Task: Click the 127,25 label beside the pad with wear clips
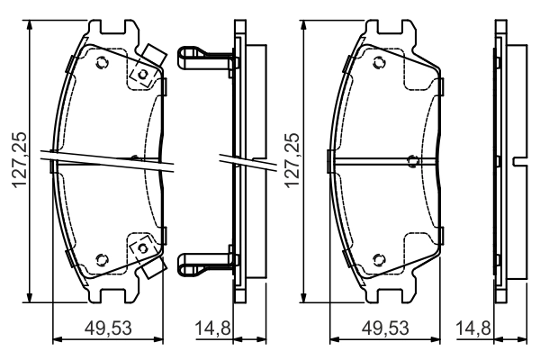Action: pos(20,160)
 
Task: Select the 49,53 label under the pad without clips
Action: pos(385,328)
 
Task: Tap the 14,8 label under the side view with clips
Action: pos(212,328)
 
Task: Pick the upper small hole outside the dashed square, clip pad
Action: pos(102,63)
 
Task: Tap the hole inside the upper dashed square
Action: pos(142,75)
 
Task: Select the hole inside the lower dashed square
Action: pos(142,247)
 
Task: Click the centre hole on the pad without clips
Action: pos(413,160)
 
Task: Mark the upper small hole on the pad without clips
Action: pos(379,63)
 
